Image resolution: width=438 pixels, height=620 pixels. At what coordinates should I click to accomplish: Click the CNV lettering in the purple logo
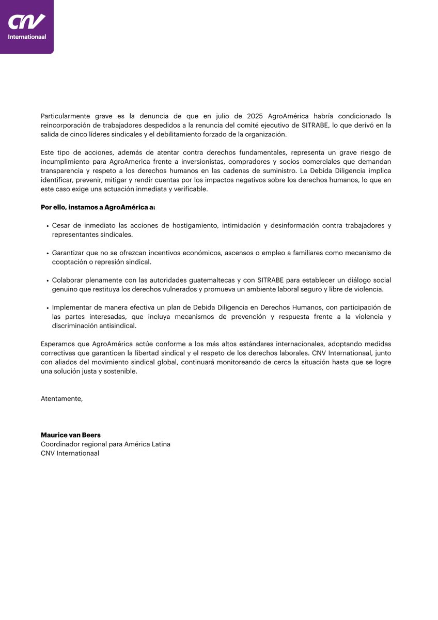coord(27,22)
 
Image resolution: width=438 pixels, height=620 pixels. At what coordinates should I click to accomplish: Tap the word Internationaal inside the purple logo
coord(27,37)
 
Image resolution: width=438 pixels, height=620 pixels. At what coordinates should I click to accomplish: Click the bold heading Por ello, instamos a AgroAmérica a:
coord(98,207)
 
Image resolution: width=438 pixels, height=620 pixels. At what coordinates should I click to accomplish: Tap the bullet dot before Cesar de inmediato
coord(48,226)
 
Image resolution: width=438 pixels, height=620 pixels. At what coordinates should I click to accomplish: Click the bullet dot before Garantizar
coord(48,253)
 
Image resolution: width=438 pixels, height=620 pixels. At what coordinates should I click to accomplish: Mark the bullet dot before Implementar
coord(48,308)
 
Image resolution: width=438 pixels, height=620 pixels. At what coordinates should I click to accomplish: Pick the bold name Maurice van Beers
coord(71,435)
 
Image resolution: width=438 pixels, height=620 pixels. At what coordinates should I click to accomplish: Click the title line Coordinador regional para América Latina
coord(105,444)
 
